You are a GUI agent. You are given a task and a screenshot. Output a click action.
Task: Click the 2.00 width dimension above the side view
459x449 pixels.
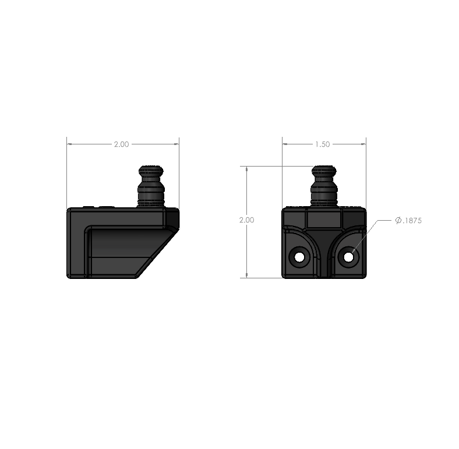coord(121,144)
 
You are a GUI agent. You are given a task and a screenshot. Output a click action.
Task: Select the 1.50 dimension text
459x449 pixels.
coord(322,144)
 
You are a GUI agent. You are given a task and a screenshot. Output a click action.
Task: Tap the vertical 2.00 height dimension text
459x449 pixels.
coord(246,220)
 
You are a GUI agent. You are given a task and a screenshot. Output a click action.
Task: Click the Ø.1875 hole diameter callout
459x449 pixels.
coord(408,220)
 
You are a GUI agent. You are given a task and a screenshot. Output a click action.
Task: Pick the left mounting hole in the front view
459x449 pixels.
coord(299,257)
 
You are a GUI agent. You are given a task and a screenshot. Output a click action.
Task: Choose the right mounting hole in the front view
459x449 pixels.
coord(348,257)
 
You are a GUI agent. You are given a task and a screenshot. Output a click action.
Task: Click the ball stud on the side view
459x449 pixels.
coord(151,186)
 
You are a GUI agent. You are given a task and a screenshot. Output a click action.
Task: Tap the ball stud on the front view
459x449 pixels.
coord(324,186)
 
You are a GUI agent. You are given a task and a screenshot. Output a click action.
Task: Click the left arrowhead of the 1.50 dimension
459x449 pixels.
coord(285,144)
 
